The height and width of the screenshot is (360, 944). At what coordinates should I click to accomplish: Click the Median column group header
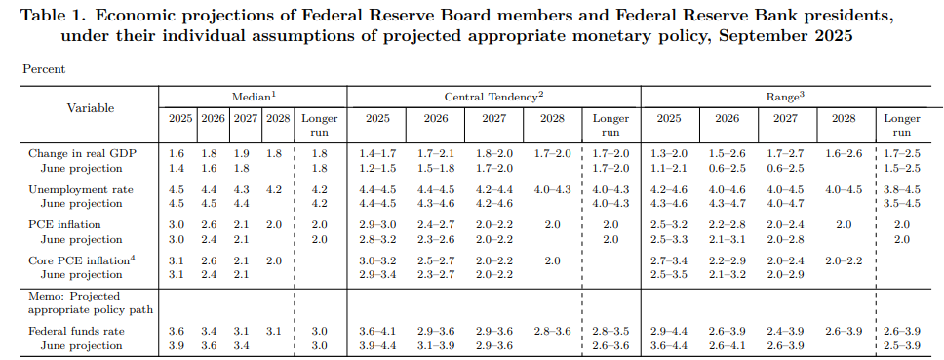pos(253,97)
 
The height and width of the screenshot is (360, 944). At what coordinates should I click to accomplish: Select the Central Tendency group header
pos(493,97)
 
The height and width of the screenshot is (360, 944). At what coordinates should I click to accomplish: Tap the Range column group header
pos(784,97)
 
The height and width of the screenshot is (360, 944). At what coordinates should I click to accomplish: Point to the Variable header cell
pos(90,108)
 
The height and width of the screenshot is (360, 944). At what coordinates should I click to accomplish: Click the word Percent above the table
pos(44,70)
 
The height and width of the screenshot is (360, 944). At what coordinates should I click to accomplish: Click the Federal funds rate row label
pos(76,332)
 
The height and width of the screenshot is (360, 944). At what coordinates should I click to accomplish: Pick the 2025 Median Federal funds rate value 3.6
pos(177,332)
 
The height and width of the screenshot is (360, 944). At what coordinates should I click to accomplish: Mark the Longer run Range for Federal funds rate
pos(901,332)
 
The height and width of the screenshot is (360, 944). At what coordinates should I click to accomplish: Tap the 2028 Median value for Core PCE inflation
pos(274,260)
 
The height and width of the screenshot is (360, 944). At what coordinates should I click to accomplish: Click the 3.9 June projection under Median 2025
pos(177,345)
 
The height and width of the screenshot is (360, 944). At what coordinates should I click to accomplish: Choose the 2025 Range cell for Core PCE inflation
pos(668,260)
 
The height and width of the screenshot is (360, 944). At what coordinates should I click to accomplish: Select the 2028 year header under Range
pos(844,118)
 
